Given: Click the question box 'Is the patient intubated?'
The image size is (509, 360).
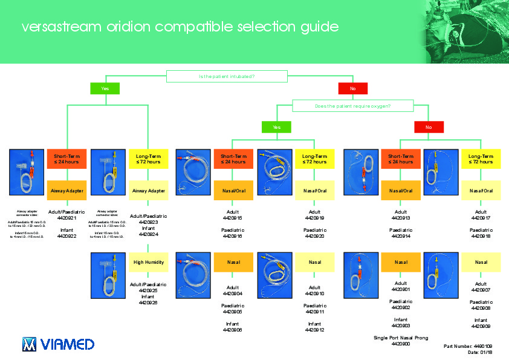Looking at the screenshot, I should click(x=227, y=76).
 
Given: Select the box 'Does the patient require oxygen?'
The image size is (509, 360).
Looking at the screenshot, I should click(x=352, y=106).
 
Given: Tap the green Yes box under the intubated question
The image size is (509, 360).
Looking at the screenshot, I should click(x=106, y=88).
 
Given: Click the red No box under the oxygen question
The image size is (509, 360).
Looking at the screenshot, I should click(x=429, y=127).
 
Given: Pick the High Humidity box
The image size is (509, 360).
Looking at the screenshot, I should click(x=149, y=262).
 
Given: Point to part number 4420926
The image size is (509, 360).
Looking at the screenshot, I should click(x=149, y=303).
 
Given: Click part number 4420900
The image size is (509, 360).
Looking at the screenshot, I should click(x=401, y=344).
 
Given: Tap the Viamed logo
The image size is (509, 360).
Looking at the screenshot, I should click(x=58, y=344).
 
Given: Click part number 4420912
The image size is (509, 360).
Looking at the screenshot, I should click(x=315, y=330).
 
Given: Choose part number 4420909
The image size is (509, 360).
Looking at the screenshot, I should click(x=481, y=326).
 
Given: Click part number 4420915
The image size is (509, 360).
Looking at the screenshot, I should click(x=232, y=218).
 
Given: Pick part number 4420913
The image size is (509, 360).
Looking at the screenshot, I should click(x=401, y=218).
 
